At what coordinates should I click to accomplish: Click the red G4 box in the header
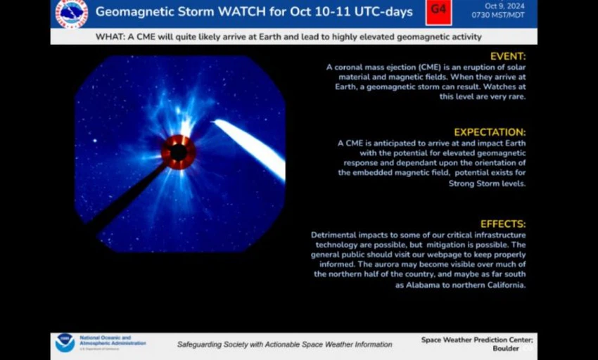438,12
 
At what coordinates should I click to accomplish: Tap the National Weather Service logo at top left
72,13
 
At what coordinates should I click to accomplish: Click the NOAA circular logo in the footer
65,343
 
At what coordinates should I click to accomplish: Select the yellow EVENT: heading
508,56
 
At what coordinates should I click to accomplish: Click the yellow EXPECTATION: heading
490,132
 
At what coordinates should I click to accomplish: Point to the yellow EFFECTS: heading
503,224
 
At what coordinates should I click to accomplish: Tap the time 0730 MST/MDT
498,15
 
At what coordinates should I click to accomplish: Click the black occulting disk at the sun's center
179,153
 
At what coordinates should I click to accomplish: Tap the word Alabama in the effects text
423,285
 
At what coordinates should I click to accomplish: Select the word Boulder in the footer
506,349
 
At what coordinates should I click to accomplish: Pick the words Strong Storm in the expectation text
472,184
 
